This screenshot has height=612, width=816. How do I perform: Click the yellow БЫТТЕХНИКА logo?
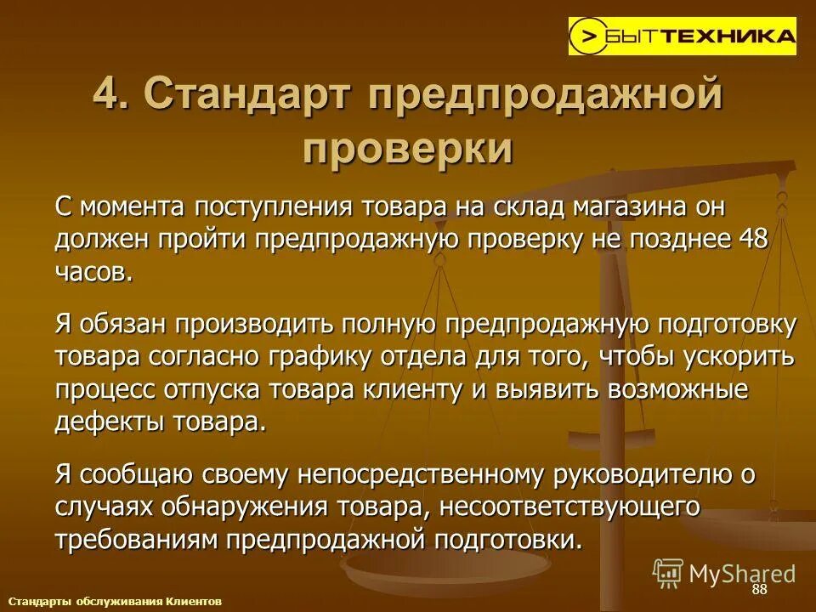tap(683, 36)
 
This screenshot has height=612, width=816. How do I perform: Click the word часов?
tap(93, 271)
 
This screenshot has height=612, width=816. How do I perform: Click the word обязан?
tap(122, 324)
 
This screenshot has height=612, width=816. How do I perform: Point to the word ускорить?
tap(739, 356)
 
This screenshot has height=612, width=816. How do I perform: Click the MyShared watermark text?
tap(742, 573)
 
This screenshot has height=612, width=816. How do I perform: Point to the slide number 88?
tap(759, 590)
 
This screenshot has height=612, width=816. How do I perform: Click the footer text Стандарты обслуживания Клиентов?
tap(115, 601)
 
